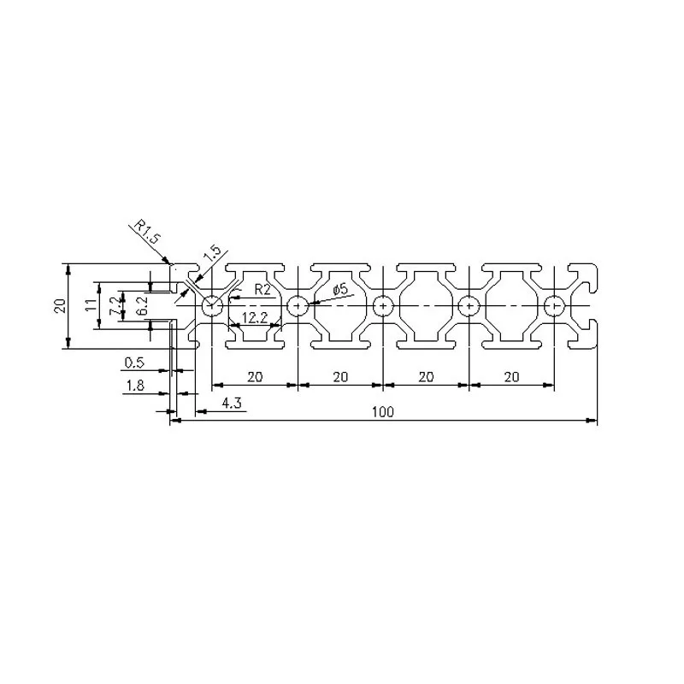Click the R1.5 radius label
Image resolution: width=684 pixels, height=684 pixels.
(146, 232)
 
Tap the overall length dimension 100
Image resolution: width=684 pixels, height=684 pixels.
(382, 412)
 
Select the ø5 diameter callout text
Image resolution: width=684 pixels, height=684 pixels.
(339, 290)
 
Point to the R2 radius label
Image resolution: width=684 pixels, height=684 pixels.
(262, 290)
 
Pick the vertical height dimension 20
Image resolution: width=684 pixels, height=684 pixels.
(60, 305)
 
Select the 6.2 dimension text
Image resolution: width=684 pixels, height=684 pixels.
(143, 305)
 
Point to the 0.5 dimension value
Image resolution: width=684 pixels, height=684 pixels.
(135, 363)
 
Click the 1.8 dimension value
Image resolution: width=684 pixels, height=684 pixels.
(135, 386)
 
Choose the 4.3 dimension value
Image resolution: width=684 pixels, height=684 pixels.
(230, 404)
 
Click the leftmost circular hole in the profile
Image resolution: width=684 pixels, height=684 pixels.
(211, 304)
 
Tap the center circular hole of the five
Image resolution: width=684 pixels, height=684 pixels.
(383, 304)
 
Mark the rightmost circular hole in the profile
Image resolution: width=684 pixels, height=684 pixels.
(554, 304)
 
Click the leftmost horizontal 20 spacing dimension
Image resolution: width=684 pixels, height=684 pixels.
(254, 376)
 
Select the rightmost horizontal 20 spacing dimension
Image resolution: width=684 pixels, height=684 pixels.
(511, 376)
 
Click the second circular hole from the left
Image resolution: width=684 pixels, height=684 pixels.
(298, 304)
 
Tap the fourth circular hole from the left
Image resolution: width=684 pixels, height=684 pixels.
(469, 304)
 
